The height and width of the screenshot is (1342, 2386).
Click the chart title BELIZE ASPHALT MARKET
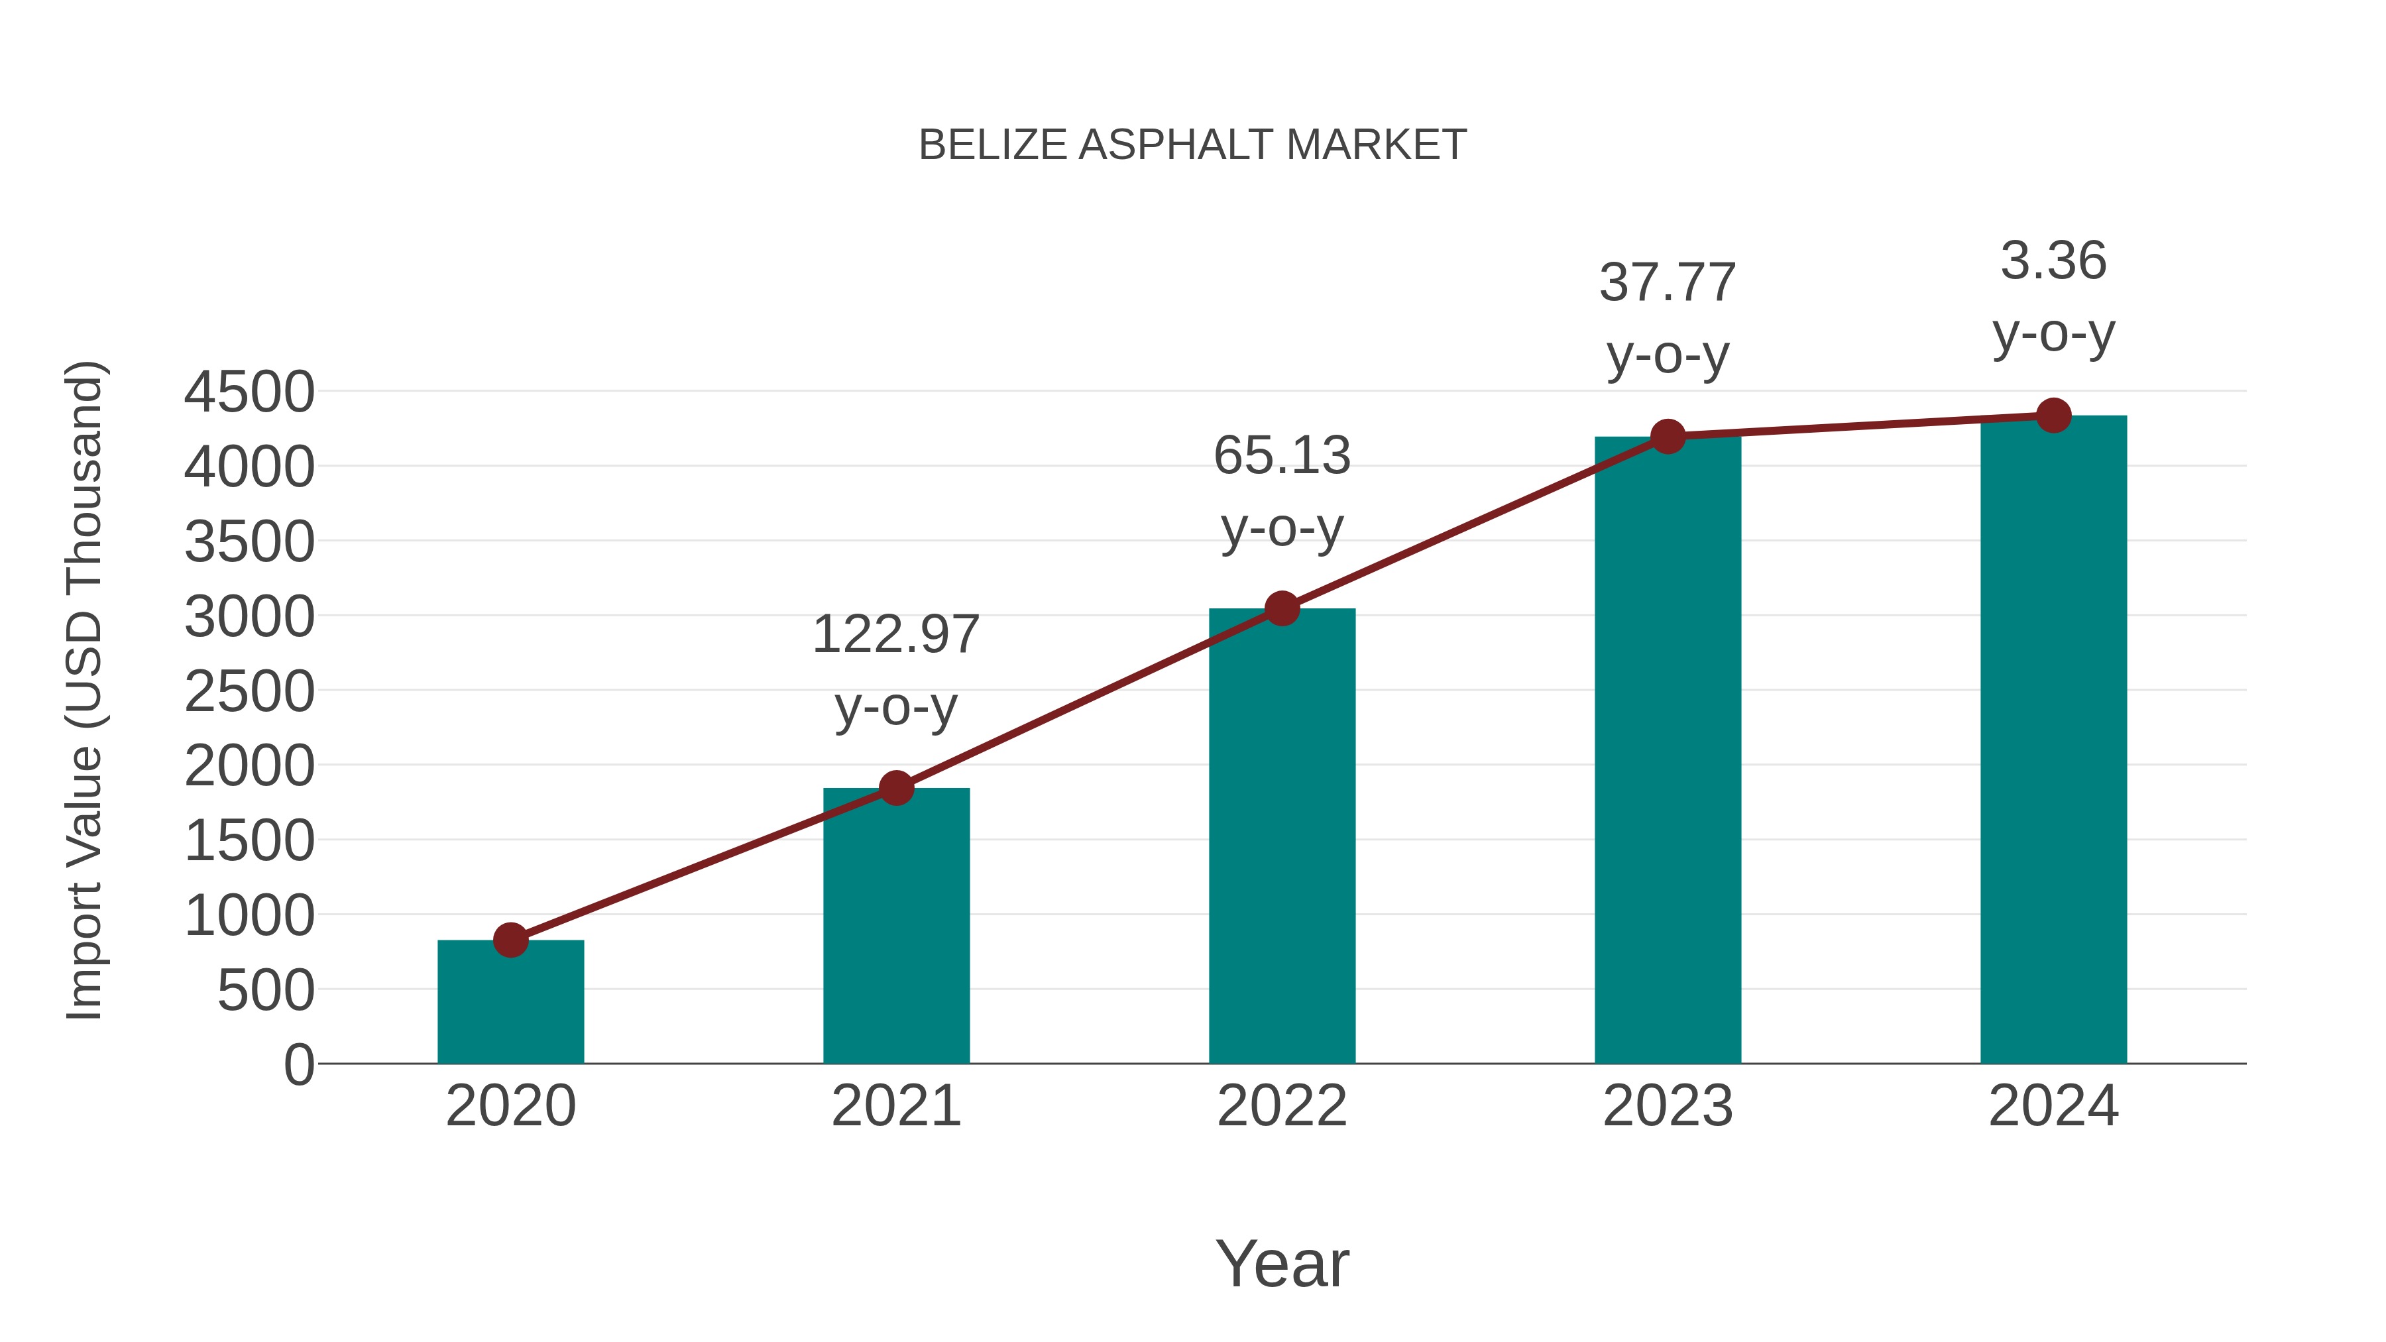1192,145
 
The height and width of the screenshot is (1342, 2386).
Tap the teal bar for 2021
895,926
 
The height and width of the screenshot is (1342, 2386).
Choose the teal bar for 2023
1668,750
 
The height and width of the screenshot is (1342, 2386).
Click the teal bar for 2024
2053,740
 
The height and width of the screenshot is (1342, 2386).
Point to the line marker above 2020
510,940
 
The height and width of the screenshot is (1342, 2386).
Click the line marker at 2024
2053,416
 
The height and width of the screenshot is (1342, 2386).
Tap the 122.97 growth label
895,636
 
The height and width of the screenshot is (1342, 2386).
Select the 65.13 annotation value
1282,456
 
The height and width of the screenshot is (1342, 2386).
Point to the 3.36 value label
2053,260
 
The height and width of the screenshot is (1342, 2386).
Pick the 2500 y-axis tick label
249,692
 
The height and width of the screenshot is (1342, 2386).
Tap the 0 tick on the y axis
298,1065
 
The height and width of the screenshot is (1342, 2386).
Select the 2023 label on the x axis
1668,1106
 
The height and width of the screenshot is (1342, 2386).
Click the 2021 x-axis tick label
895,1106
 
